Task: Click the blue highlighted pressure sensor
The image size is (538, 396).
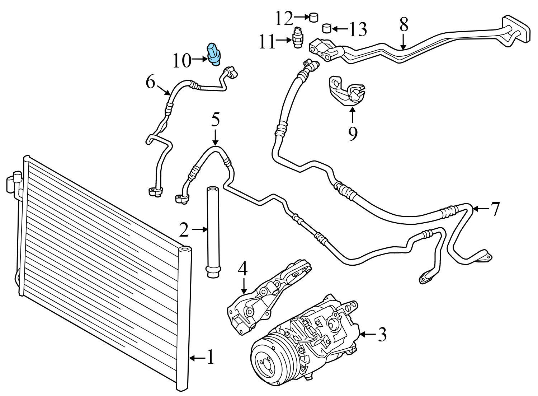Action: [x=214, y=54]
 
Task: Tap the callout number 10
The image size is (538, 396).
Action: [x=182, y=61]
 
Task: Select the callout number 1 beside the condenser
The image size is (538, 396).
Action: [x=210, y=357]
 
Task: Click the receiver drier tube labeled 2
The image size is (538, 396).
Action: [x=212, y=230]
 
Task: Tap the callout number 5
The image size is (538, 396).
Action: [x=215, y=120]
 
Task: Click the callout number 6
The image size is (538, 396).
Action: [x=151, y=83]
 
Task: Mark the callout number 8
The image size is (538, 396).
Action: [x=403, y=25]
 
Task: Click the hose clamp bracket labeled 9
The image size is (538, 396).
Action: [x=346, y=92]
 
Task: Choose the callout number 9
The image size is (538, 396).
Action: [x=353, y=134]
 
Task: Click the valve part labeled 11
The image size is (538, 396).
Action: [x=297, y=37]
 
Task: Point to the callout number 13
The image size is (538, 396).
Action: [x=358, y=29]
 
